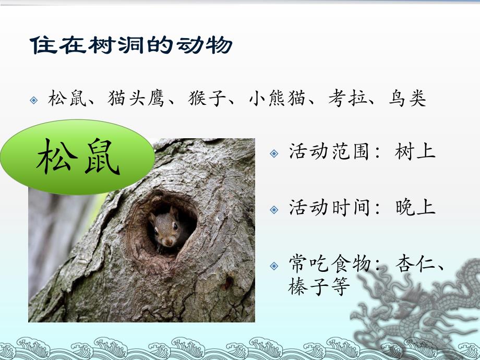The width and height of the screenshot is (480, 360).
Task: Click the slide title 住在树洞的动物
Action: (x=131, y=46)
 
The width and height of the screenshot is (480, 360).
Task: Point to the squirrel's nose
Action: (x=169, y=242)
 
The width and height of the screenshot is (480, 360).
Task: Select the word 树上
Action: (x=415, y=152)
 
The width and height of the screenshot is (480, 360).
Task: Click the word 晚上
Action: (x=415, y=208)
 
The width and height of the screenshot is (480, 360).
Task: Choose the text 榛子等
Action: (x=319, y=286)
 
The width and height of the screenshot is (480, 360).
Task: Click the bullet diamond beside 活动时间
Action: (x=274, y=210)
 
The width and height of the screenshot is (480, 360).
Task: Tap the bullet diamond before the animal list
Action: (x=34, y=100)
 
